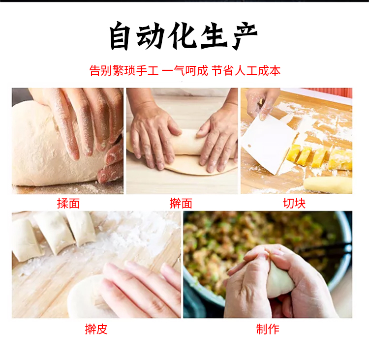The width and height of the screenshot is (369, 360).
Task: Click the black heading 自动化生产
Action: click(x=184, y=36)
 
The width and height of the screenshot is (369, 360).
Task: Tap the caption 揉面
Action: click(x=68, y=203)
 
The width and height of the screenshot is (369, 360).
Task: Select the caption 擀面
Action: click(x=181, y=203)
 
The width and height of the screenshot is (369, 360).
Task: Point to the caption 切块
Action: click(x=294, y=203)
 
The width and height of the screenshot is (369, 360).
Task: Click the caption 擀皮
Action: click(x=96, y=329)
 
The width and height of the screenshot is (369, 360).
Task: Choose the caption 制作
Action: click(x=268, y=329)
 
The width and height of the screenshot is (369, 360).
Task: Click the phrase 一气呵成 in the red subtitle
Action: click(x=184, y=71)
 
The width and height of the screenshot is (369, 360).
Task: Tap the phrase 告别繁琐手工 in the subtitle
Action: click(x=124, y=71)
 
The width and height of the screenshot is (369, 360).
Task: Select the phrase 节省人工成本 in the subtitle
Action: click(x=246, y=71)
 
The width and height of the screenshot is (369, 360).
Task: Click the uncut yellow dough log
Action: click(x=328, y=185)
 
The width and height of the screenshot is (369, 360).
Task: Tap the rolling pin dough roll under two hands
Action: click(x=186, y=142)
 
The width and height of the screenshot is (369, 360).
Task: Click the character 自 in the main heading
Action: click(x=120, y=36)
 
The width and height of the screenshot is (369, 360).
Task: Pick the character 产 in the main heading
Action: click(x=245, y=36)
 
